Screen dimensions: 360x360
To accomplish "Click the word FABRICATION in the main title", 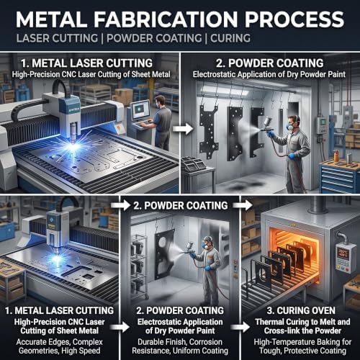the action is (166, 19).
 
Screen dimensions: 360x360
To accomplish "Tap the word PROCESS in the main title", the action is (294, 19).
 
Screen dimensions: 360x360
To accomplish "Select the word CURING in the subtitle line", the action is (230, 38).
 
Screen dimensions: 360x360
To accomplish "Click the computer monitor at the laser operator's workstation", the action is (140, 110).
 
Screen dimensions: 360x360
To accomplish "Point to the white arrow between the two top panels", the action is (183, 129).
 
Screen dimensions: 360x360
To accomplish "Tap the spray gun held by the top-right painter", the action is (267, 125).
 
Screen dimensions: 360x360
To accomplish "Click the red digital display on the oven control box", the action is (342, 253).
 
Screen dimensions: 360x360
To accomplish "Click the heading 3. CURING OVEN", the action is (301, 310).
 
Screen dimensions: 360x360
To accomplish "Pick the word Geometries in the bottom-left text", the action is (39, 351).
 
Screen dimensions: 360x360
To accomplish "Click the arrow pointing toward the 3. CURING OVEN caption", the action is (240, 327).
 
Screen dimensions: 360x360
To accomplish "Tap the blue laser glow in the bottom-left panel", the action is (57, 258).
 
